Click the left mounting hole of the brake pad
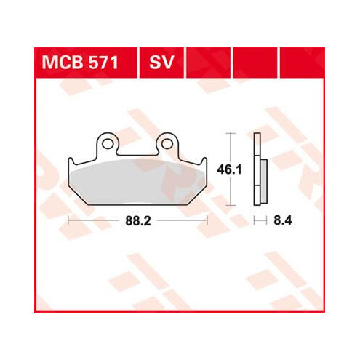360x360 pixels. tap(108, 145)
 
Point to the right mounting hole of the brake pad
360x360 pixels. tap(166, 145)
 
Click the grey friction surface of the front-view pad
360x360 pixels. tap(138, 181)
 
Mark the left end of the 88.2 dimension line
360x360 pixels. tap(68, 218)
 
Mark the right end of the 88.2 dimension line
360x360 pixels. tap(208, 218)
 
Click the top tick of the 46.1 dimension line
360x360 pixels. tap(231, 134)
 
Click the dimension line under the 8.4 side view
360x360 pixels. tap(260, 218)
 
